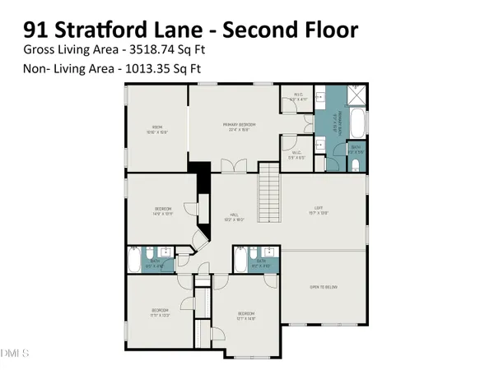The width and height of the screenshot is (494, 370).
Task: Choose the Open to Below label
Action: (324, 286)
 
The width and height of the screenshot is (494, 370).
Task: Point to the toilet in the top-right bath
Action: (354, 164)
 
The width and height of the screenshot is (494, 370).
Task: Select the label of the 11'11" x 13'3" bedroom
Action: (158, 312)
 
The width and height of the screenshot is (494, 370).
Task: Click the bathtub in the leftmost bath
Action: (133, 262)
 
